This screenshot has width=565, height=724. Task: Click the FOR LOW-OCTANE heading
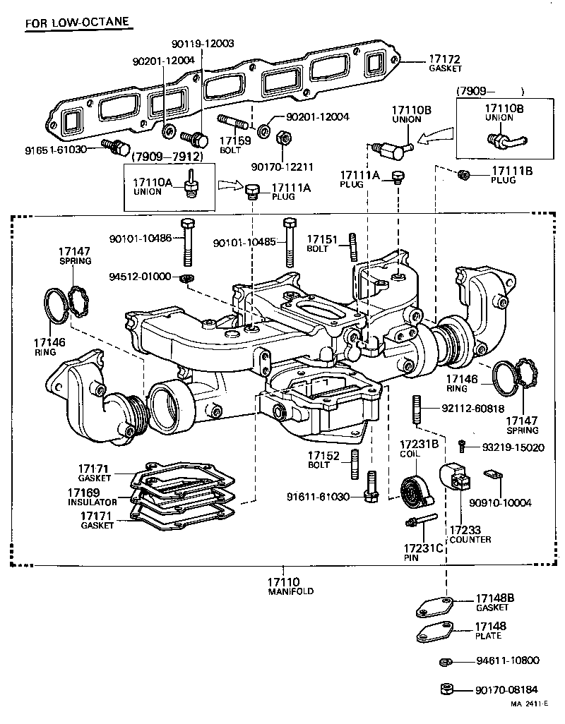tap(77, 23)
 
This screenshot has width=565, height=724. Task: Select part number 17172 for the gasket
tap(445, 59)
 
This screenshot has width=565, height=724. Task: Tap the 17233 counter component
tap(456, 481)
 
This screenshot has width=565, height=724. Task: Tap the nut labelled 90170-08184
tap(445, 689)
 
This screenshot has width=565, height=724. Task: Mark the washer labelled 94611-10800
tap(445, 662)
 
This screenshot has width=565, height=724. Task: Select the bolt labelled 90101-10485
tap(290, 241)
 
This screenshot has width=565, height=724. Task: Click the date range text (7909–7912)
tap(167, 156)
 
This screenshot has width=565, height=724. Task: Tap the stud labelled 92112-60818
tap(417, 409)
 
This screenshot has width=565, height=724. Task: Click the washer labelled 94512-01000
tap(186, 278)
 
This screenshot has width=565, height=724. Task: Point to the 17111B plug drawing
tap(464, 174)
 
